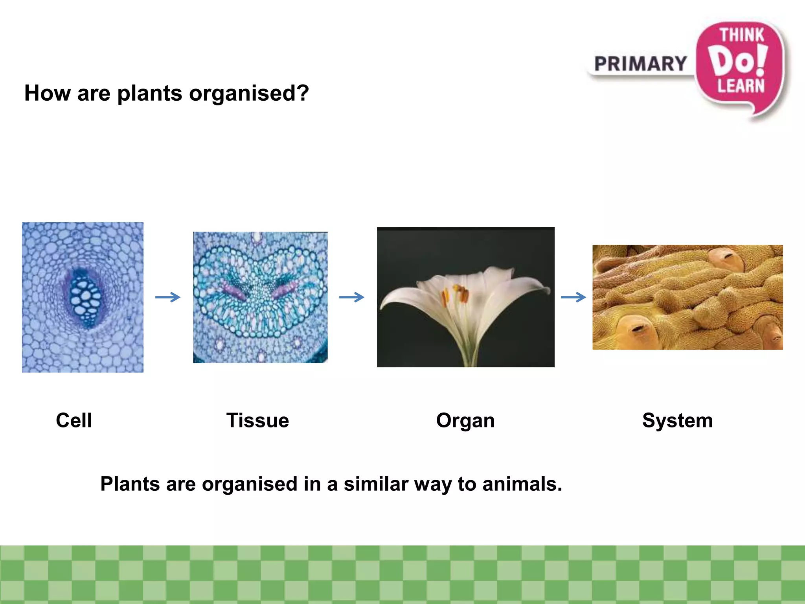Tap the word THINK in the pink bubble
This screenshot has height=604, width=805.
(x=741, y=35)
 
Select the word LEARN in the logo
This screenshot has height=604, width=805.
(x=741, y=86)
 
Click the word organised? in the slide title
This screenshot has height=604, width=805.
(x=249, y=94)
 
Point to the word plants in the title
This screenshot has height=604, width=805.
(x=150, y=94)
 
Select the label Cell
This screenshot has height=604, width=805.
(x=74, y=420)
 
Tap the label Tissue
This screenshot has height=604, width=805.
(x=257, y=420)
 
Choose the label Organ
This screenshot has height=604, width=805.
(x=465, y=421)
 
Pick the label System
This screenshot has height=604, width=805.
(x=677, y=420)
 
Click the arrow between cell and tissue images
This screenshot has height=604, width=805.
(x=168, y=297)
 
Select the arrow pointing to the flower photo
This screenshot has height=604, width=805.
(x=352, y=297)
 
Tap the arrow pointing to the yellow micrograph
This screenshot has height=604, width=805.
(x=573, y=297)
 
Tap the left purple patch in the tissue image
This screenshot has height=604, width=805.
(x=235, y=291)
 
